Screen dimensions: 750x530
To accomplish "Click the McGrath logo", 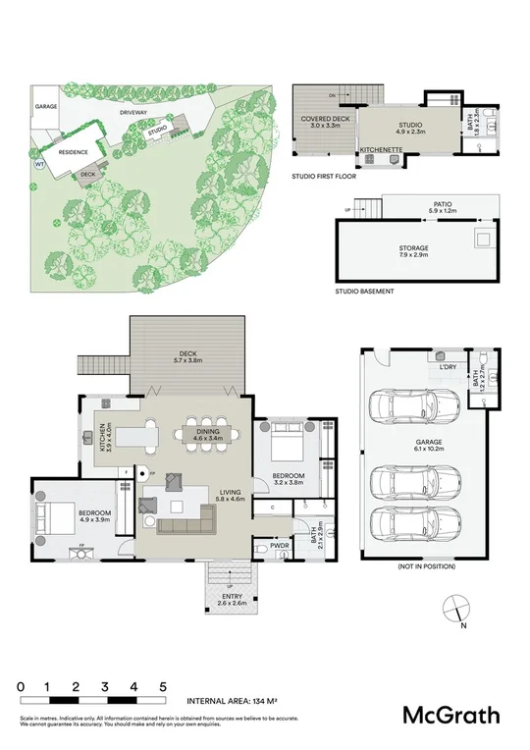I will (x=453, y=715).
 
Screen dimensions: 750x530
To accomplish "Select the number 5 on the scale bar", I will (x=163, y=686).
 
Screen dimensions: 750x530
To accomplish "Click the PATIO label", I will (x=444, y=207).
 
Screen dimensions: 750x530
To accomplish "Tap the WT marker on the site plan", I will (x=39, y=165).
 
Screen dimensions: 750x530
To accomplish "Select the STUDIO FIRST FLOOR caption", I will (x=324, y=177).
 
